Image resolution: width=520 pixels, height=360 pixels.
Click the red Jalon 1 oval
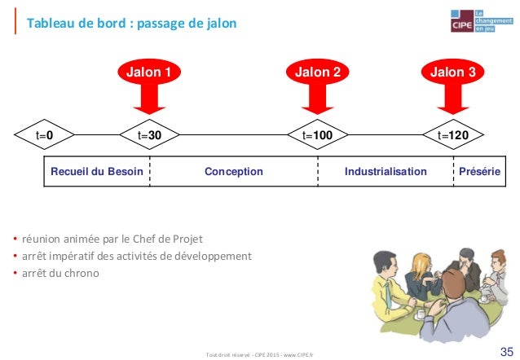point(148,72)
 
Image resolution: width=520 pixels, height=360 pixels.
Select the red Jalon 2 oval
point(317,72)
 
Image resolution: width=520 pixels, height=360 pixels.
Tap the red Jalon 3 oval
point(452,72)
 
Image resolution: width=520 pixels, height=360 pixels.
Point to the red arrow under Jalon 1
point(149,102)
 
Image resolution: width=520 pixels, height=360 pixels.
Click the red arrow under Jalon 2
point(317,102)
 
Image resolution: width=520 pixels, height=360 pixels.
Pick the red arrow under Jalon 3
point(453,102)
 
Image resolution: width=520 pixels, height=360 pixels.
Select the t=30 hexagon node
point(150,134)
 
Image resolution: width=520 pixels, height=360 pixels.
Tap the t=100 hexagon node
point(317,134)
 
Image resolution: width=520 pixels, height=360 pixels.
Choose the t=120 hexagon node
point(453,134)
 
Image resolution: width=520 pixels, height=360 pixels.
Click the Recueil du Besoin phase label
point(97,172)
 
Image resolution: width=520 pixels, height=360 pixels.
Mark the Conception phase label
point(234,172)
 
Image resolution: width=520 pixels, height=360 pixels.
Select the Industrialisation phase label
point(386,172)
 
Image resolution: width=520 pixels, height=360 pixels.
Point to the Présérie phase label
point(480,172)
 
